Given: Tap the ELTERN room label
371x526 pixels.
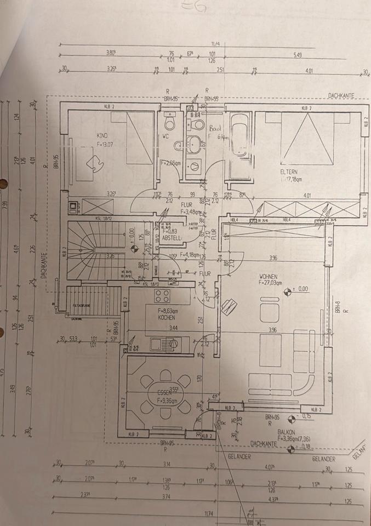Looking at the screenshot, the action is [x=288, y=171].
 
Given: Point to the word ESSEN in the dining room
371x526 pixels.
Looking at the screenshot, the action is [x=164, y=393].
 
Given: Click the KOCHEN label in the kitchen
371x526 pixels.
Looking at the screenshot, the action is [x=166, y=317].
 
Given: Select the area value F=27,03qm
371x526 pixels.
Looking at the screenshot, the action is [x=275, y=283].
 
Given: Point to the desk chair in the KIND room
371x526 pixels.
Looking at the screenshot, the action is [x=98, y=163].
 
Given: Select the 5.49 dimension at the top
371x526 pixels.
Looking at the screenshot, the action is [x=298, y=55].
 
